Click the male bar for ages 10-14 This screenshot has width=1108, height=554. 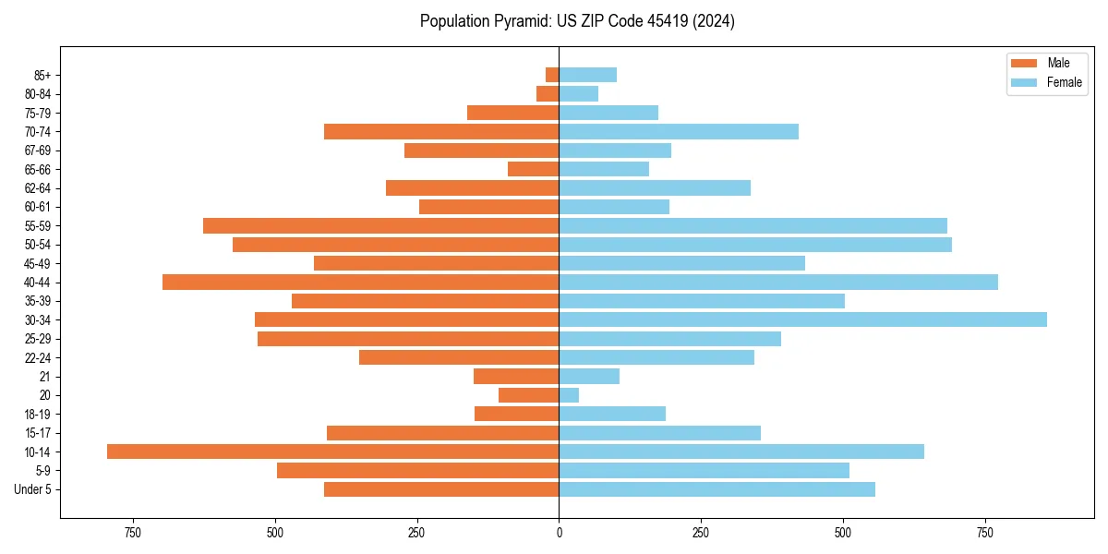click(332, 452)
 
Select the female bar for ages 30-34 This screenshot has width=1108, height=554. click(802, 319)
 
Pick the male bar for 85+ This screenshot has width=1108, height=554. click(552, 75)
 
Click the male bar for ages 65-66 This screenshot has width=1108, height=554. click(533, 169)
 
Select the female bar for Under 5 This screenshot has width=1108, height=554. click(717, 489)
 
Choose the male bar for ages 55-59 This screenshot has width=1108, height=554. click(380, 225)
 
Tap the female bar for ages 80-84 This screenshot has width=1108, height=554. click(578, 93)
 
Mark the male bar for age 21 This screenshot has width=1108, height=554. click(516, 376)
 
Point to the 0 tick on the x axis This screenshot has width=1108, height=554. click(559, 533)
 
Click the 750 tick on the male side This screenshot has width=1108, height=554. click(132, 533)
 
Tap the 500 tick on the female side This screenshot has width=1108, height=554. click(843, 533)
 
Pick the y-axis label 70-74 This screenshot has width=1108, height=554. click(38, 131)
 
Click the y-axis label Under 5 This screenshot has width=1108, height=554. click(32, 489)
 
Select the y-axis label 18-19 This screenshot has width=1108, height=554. click(38, 414)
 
